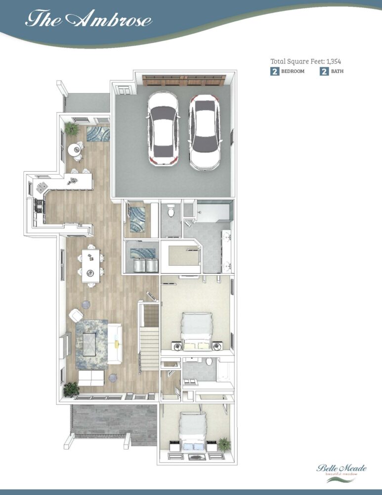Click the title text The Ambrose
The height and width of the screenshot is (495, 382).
88,19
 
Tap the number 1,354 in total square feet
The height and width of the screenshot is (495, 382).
334,61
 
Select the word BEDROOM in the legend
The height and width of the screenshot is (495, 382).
293,71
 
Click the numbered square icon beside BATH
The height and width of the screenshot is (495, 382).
324,71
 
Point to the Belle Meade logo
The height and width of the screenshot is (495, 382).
341,473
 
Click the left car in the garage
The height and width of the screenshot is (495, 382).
163,128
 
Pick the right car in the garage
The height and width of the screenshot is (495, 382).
205,132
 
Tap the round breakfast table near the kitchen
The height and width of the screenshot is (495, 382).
75,149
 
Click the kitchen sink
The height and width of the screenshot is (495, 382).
42,187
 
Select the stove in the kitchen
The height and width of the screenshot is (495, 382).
40,205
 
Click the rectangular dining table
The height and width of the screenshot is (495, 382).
91,266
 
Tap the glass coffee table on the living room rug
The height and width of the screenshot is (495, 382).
89,345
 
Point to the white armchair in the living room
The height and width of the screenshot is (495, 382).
76,315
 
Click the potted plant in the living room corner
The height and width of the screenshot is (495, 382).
71,389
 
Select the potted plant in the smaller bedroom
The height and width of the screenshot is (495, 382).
224,444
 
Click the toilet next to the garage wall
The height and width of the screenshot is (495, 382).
171,210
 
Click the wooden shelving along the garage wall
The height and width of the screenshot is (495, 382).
184,80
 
